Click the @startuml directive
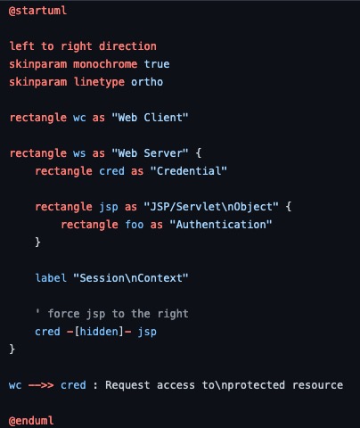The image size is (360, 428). click(37, 11)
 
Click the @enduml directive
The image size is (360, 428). click(31, 421)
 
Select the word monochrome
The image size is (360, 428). click(105, 64)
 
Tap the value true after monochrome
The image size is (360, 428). click(157, 64)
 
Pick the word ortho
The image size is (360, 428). click(147, 82)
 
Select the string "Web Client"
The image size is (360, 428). click(150, 118)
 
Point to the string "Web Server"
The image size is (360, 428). click(150, 153)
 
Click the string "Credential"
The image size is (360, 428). click(189, 171)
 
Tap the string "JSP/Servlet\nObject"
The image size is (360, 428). click(211, 207)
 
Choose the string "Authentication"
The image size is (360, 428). click(221, 225)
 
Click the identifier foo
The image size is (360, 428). click(135, 225)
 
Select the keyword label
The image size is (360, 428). click(51, 278)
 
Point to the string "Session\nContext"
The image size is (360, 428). click(131, 278)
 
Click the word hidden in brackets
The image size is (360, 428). click(99, 332)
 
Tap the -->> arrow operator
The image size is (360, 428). click(41, 385)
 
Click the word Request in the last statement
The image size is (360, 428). click(127, 385)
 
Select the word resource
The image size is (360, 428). click(317, 385)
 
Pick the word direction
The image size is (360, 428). click(127, 46)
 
